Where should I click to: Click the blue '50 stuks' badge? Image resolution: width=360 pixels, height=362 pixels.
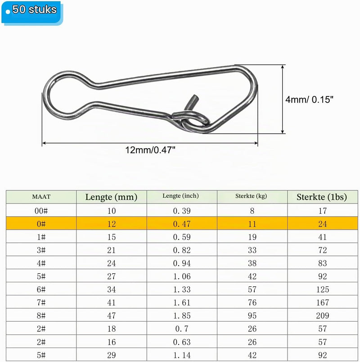point(32,13)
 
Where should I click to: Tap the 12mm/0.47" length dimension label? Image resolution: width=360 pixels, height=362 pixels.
point(150,150)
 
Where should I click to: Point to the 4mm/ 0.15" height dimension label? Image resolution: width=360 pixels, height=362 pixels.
point(309,100)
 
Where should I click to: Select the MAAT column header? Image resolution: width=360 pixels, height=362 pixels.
point(41,197)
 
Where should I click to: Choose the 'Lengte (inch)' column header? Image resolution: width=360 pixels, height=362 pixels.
point(180,196)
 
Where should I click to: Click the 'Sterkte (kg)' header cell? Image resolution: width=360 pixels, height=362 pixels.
point(251,196)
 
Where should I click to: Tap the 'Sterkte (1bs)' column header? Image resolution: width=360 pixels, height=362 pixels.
point(322,197)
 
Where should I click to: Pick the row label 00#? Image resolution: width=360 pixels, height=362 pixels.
point(41,211)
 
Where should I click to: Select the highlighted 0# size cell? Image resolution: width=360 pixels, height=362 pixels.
point(41,224)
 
